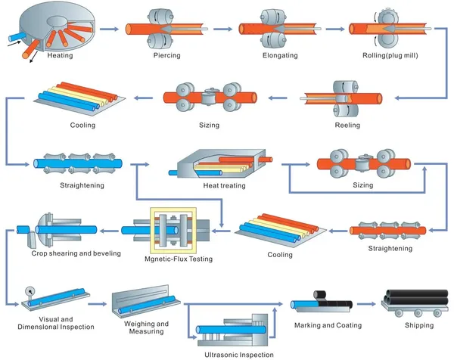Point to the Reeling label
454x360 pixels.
click(x=348, y=125)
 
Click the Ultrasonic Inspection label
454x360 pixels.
click(x=239, y=353)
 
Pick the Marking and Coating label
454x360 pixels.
click(x=327, y=325)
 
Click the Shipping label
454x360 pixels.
click(x=419, y=325)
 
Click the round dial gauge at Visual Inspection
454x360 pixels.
click(x=30, y=290)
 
